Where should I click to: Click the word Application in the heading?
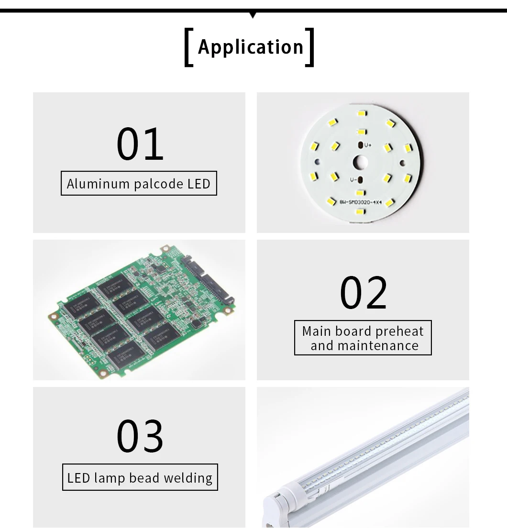[251, 47]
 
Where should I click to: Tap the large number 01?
[140, 144]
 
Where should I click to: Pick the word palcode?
[158, 184]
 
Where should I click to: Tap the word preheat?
[399, 331]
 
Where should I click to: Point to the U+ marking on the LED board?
[368, 144]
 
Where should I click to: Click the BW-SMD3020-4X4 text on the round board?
[361, 202]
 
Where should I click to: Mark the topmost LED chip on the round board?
[362, 114]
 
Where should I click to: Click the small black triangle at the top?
[253, 15]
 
